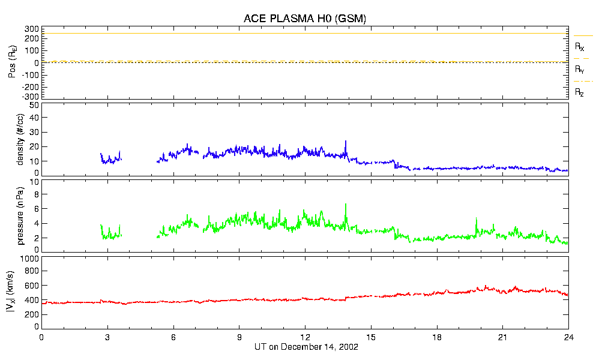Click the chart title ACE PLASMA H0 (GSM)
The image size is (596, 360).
point(304,19)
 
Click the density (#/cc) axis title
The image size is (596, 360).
point(21,139)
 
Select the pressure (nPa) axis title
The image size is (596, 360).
point(21,216)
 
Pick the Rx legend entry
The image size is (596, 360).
point(579,46)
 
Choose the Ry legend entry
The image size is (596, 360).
point(579,70)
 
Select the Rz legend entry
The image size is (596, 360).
point(579,92)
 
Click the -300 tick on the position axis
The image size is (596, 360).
point(31,97)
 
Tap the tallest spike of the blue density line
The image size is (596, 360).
point(346,141)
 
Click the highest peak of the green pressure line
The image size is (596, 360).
point(346,204)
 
